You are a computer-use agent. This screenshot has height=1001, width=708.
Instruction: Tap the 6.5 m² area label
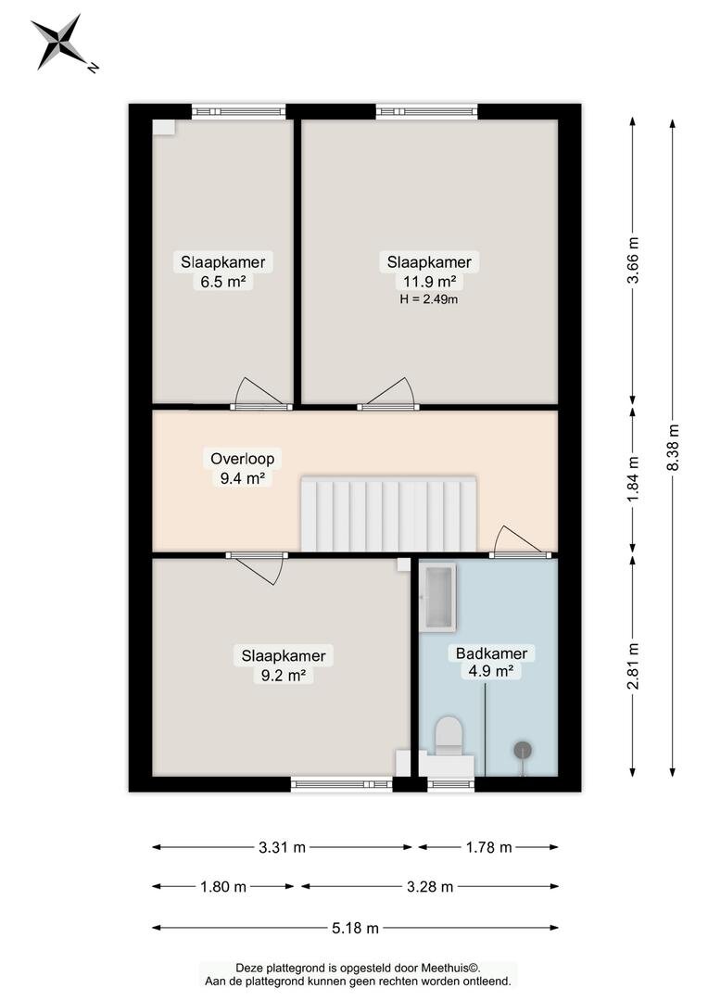[x=223, y=282]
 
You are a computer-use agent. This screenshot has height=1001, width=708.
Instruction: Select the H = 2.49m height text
[x=429, y=298]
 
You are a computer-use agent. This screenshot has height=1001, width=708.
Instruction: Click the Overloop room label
[x=243, y=459]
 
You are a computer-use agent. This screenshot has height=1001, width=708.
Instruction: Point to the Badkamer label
[x=491, y=653]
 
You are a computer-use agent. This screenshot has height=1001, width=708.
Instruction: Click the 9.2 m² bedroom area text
[x=284, y=676]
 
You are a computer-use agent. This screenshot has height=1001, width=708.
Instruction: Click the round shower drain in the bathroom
[x=524, y=750]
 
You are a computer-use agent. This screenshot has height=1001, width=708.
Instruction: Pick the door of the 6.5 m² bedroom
[x=261, y=395]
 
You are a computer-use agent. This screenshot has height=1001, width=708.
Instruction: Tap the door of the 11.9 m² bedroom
[x=388, y=395]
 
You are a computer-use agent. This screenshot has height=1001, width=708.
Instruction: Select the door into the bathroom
[x=520, y=541]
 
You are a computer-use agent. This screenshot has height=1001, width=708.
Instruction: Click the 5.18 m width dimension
[x=356, y=928]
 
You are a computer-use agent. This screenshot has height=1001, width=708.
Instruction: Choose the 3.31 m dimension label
[x=282, y=848]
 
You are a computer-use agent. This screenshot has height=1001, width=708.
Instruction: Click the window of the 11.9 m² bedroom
[x=426, y=112]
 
